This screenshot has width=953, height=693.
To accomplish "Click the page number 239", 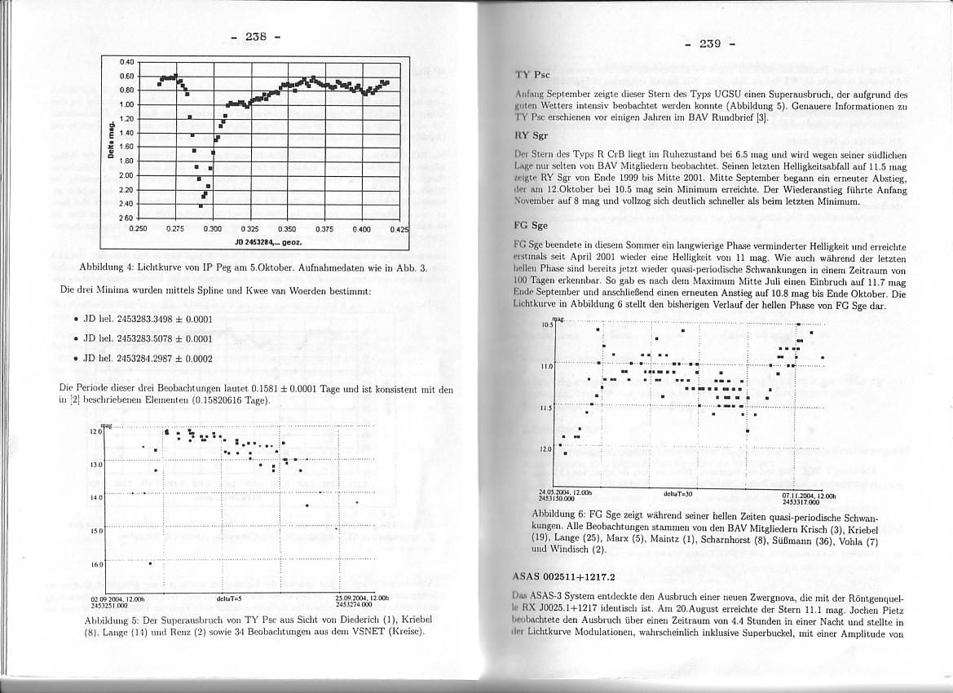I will (x=710, y=43).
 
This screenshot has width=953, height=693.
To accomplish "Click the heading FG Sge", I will (x=531, y=226).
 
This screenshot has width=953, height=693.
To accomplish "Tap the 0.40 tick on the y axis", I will (x=126, y=62).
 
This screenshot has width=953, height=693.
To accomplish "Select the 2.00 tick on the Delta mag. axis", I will (x=126, y=175).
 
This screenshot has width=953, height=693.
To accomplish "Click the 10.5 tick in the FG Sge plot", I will (x=546, y=324).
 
